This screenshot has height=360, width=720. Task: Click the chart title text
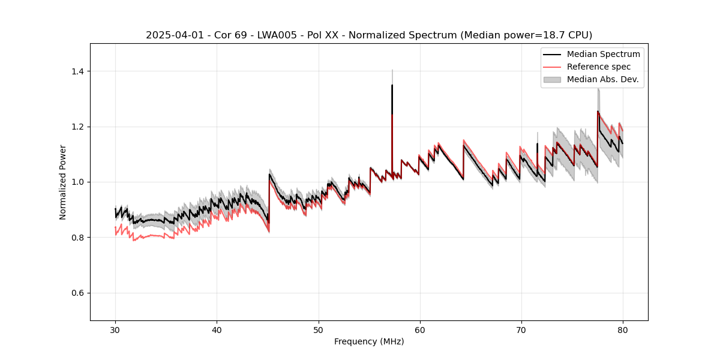point(369,35)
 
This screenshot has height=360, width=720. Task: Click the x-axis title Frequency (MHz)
point(369,341)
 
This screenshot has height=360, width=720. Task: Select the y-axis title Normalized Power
point(62,182)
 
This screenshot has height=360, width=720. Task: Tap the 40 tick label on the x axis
point(217,329)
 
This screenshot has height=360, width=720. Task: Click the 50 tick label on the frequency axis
point(318,329)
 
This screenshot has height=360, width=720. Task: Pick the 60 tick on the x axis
point(419,329)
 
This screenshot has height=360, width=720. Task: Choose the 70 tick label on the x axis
point(521,329)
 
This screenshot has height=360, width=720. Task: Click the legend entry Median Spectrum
point(603,54)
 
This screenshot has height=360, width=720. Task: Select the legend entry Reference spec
point(598,67)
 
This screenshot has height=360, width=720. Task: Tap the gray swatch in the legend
point(552,79)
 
